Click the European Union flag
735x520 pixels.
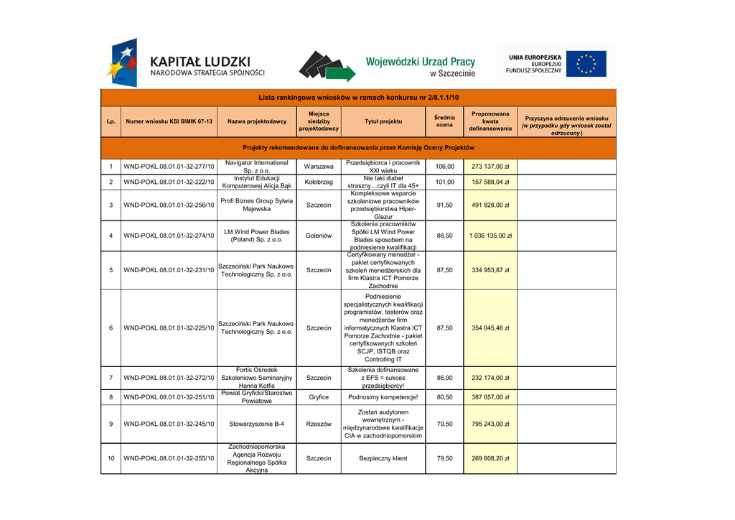click(x=586, y=64)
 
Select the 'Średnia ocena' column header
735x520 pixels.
click(x=444, y=121)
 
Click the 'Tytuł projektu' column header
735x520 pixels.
click(x=383, y=121)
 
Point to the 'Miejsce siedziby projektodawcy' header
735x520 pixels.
click(x=319, y=121)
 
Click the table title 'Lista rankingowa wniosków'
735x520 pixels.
click(x=358, y=97)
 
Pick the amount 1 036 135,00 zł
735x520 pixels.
click(x=490, y=236)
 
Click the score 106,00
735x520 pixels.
click(x=444, y=167)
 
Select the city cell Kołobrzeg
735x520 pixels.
click(x=319, y=182)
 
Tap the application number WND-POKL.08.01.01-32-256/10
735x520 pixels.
click(x=169, y=205)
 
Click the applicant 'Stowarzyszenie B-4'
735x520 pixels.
click(x=257, y=424)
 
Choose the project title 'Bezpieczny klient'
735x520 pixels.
click(x=383, y=458)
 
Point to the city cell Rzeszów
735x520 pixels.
click(x=319, y=424)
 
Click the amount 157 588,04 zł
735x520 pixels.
click(x=490, y=182)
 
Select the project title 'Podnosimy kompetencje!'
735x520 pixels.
click(x=383, y=396)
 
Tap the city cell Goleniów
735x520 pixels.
click(x=319, y=236)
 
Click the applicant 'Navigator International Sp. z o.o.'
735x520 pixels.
click(x=257, y=167)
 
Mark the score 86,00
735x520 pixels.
click(x=444, y=377)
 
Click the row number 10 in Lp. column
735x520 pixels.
click(x=111, y=458)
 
